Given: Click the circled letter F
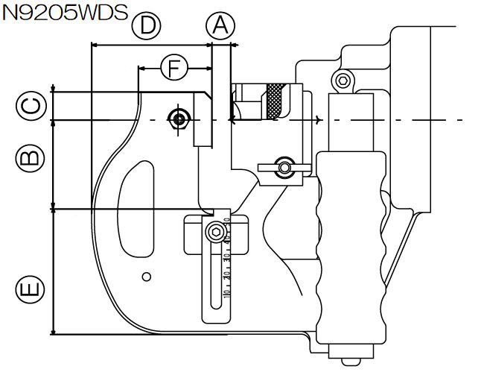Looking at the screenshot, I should tap(173, 68).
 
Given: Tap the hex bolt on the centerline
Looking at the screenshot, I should tap(178, 119).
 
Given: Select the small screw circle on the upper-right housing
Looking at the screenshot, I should tap(343, 81).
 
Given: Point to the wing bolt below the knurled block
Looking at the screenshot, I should tap(283, 166).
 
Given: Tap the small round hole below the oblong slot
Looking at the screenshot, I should tap(147, 277).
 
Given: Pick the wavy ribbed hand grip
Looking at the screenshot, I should tap(350, 246).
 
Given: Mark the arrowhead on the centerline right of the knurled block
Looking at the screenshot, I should tap(319, 120).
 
